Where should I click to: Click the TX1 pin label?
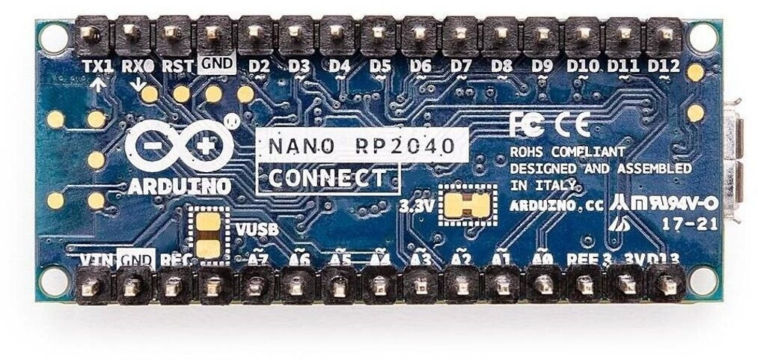click(x=97, y=66)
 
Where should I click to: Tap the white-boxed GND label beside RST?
click(x=218, y=65)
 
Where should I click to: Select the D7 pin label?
click(x=461, y=66)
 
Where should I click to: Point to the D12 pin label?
click(x=663, y=66)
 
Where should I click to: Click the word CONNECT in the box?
click(x=328, y=178)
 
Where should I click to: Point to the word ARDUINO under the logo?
click(x=179, y=186)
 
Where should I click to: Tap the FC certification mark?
click(x=526, y=123)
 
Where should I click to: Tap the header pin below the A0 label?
click(x=542, y=285)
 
